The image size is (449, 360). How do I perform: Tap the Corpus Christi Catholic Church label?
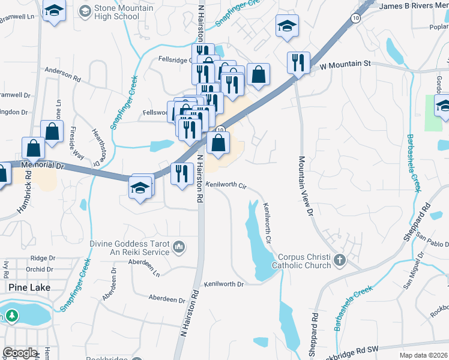(x=301, y=260)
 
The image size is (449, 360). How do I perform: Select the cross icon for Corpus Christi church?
(x=340, y=260)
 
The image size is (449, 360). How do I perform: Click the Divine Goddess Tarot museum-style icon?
(x=179, y=247)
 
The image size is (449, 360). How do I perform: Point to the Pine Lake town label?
(x=28, y=287)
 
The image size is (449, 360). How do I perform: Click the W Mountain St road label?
(x=346, y=63)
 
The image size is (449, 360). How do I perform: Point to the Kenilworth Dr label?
(x=223, y=284)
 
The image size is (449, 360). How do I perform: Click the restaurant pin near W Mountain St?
(x=298, y=62)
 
